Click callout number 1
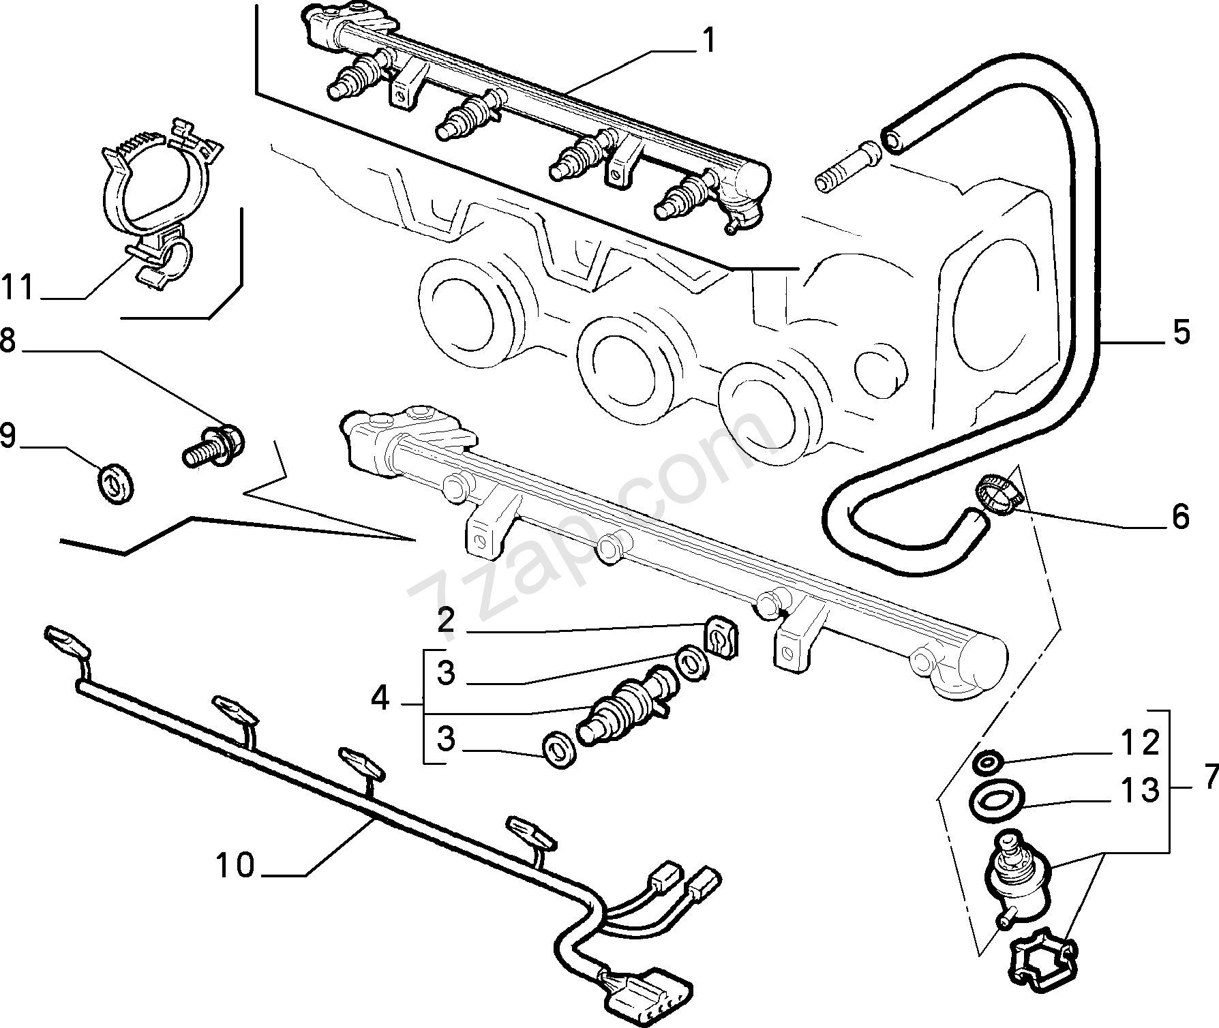[x=709, y=41]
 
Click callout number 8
[x=7, y=340]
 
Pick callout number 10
[x=235, y=866]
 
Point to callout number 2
[x=446, y=621]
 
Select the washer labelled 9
[x=117, y=483]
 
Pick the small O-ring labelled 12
[x=987, y=761]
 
